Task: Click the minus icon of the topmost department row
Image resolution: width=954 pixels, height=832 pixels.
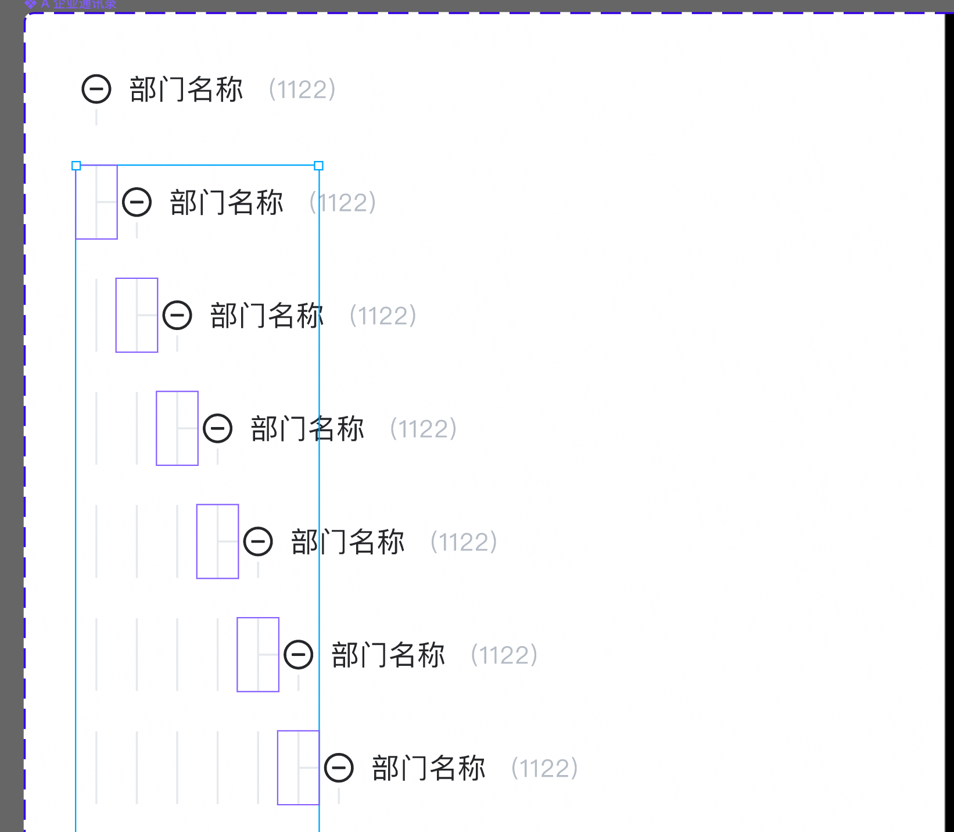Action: pyautogui.click(x=96, y=89)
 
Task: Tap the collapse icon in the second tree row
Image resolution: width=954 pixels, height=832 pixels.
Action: pyautogui.click(x=137, y=202)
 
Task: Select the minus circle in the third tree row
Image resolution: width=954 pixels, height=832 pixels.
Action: pyautogui.click(x=177, y=315)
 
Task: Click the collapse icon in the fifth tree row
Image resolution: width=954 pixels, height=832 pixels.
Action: pyautogui.click(x=258, y=541)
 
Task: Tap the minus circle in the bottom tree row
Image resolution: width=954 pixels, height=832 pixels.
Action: pyautogui.click(x=339, y=768)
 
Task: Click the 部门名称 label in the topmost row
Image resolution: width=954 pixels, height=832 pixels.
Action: pyautogui.click(x=186, y=89)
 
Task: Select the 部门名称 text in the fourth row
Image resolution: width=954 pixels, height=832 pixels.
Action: pyautogui.click(x=307, y=429)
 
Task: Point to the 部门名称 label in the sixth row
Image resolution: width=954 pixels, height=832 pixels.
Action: pyautogui.click(x=388, y=655)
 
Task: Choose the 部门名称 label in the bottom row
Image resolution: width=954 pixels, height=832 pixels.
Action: pyautogui.click(x=429, y=768)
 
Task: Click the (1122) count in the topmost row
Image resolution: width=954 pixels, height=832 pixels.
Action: pyautogui.click(x=302, y=89)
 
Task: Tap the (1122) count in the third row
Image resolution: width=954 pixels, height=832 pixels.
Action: pyautogui.click(x=383, y=315)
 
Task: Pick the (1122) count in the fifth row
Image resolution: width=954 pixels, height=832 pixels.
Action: pyautogui.click(x=464, y=541)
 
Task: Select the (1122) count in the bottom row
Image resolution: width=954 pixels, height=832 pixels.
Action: pyautogui.click(x=544, y=768)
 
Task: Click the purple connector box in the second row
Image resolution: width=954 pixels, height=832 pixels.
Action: pyautogui.click(x=96, y=202)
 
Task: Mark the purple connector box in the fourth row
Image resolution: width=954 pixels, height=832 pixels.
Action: pyautogui.click(x=177, y=428)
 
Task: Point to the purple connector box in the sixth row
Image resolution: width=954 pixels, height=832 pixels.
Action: pyautogui.click(x=258, y=654)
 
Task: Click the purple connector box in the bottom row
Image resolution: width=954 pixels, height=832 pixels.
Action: pyautogui.click(x=299, y=768)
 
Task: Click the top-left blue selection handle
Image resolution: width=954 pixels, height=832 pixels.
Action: pyautogui.click(x=76, y=166)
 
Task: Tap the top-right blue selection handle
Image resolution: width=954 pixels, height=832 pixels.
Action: pyautogui.click(x=319, y=166)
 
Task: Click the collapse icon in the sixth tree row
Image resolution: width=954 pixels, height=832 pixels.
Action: pyautogui.click(x=299, y=655)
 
